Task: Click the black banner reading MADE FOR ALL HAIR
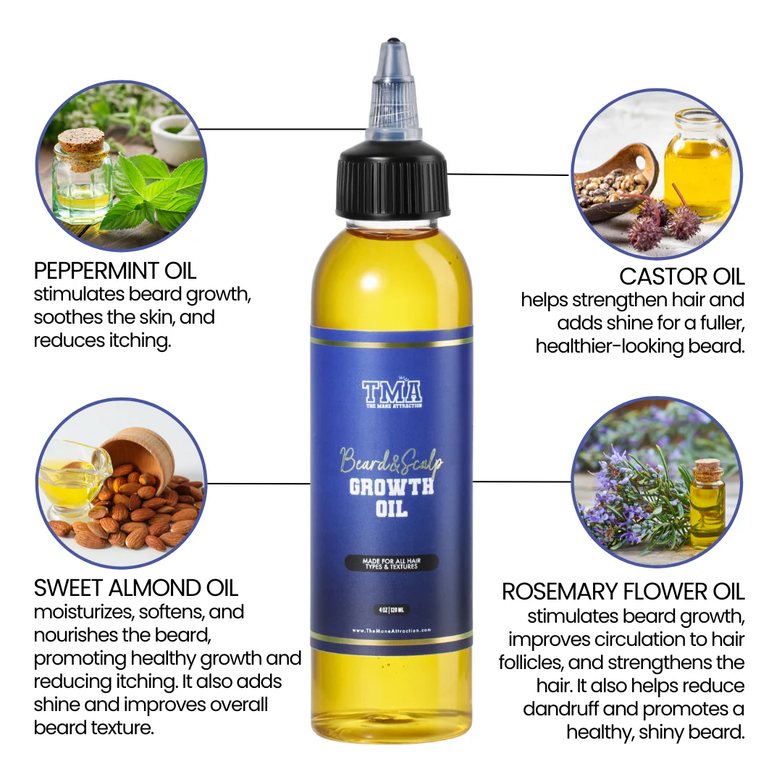coord(392,563)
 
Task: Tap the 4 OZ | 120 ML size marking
coord(392,607)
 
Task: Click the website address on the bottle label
coord(392,631)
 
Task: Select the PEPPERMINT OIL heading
coord(115,271)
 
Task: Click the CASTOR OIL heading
coord(682,277)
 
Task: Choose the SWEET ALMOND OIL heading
coord(136,587)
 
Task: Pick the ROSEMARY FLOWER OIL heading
coord(623,592)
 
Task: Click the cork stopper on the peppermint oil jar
coord(80,140)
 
